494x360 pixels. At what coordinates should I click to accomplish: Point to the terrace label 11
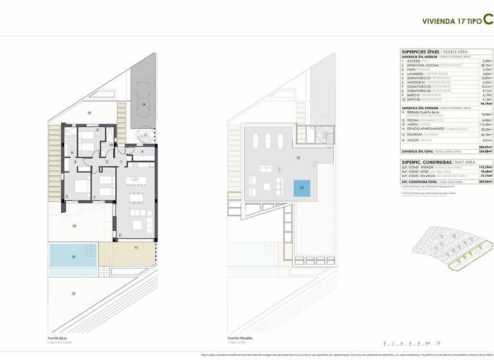[136, 248]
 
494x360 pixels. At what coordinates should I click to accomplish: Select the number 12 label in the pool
[73, 256]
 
